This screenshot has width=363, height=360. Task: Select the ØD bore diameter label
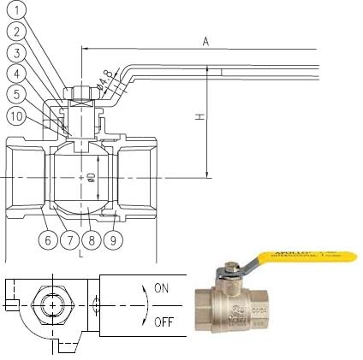click(x=91, y=177)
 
